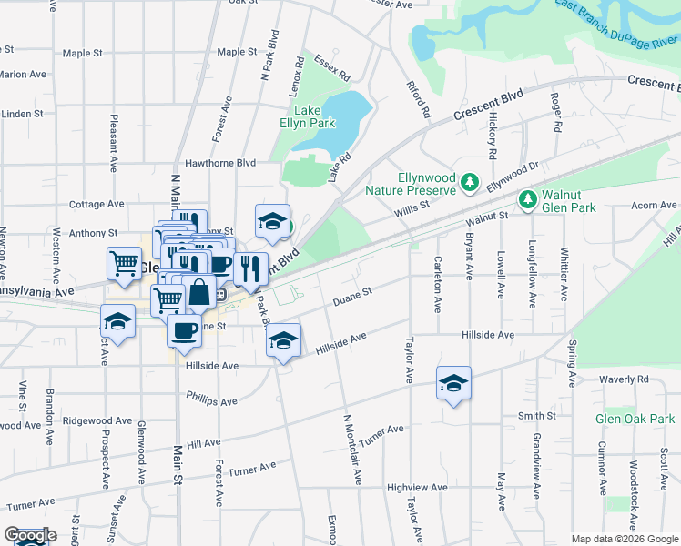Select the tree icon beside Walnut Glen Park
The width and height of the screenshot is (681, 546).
tap(525, 198)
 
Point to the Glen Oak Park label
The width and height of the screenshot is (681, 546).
tap(635, 419)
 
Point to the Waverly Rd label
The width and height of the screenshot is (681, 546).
tap(624, 379)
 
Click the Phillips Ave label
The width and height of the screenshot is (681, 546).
tap(211, 399)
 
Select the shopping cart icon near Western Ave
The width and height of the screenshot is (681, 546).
tap(124, 263)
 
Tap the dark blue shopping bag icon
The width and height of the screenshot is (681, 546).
tap(198, 293)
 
